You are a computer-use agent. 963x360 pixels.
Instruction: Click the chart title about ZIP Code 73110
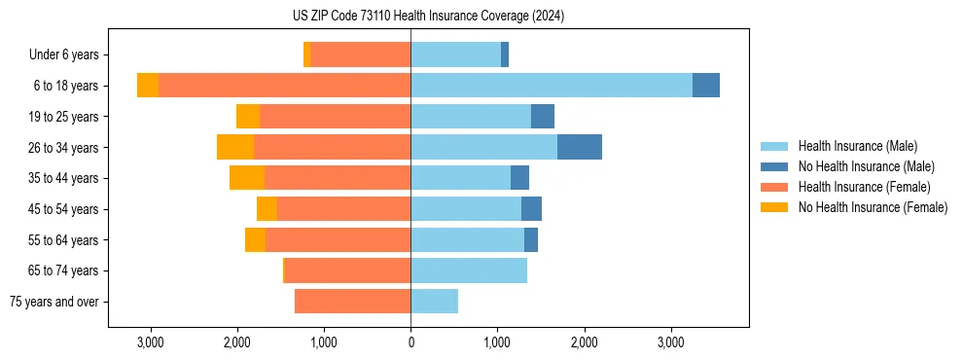coord(428,17)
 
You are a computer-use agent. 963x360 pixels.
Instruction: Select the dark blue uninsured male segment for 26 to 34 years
coord(580,147)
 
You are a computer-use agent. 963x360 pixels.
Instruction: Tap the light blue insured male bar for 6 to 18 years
coord(552,86)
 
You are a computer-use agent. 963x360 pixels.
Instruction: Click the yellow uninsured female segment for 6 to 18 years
coord(148,86)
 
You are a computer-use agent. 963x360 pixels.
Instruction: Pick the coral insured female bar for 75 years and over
coord(352,302)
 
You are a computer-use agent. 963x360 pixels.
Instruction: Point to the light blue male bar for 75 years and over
coord(434,302)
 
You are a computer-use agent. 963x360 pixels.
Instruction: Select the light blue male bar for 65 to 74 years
coord(469,270)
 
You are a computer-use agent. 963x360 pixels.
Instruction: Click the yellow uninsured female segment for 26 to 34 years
coord(235,147)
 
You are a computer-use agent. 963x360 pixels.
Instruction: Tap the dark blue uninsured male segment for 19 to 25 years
coord(543,117)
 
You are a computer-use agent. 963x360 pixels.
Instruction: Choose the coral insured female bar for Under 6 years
coord(360,54)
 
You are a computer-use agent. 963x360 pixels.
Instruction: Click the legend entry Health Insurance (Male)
coord(857,146)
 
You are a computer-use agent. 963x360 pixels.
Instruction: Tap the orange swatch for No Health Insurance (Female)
coord(776,207)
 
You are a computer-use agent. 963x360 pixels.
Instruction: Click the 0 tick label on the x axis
coord(410,342)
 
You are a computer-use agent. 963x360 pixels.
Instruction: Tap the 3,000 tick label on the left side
coord(150,342)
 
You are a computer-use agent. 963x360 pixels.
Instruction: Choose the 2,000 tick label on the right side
coord(584,342)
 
